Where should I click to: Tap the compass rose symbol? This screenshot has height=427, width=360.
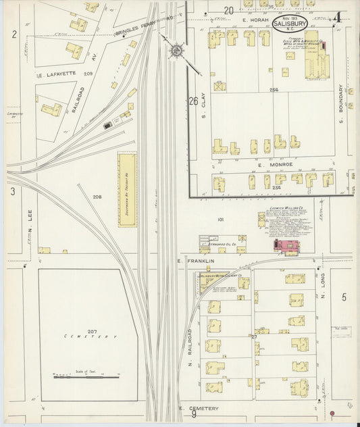point(176,50)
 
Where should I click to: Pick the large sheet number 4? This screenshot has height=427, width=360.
point(336,17)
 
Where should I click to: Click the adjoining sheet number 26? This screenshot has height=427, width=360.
point(194,102)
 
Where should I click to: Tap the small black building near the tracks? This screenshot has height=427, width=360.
point(107,124)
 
